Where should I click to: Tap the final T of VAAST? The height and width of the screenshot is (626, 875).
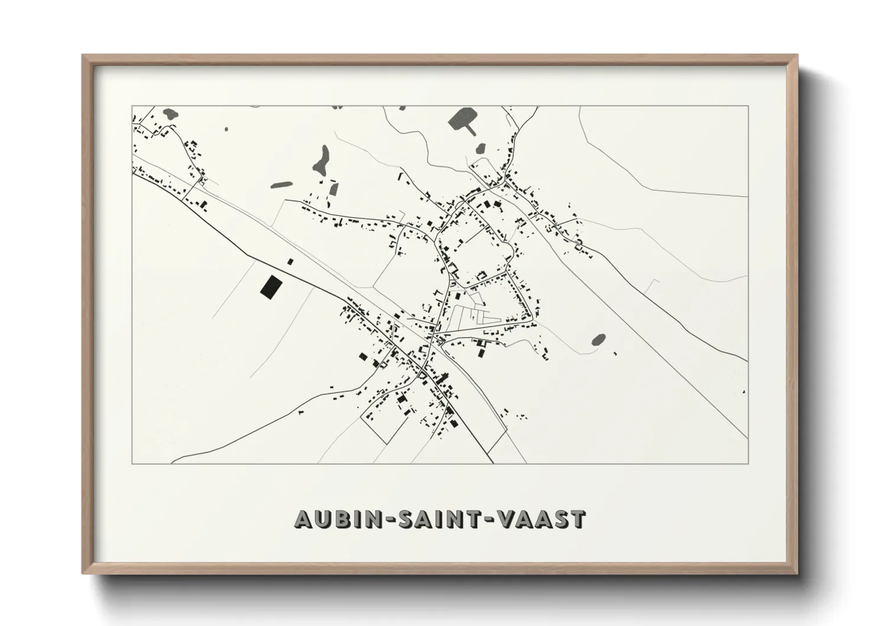pyautogui.click(x=577, y=519)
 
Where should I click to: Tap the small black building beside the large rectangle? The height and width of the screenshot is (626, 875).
pyautogui.click(x=290, y=260)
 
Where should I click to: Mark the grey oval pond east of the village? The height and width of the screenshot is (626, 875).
pyautogui.click(x=598, y=340)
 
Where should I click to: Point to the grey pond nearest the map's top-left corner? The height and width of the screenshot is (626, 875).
pyautogui.click(x=170, y=112)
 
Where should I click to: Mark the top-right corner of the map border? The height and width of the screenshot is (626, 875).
pyautogui.click(x=748, y=106)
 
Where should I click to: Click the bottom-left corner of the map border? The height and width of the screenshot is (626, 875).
pyautogui.click(x=132, y=463)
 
